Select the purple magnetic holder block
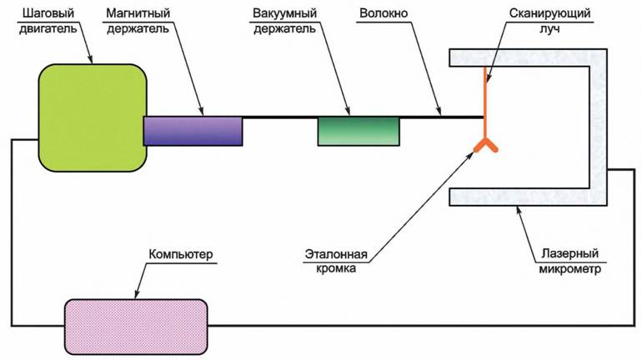click(193, 131)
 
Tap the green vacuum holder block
click(359, 131)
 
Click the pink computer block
click(136, 325)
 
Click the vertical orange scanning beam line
click(484, 100)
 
